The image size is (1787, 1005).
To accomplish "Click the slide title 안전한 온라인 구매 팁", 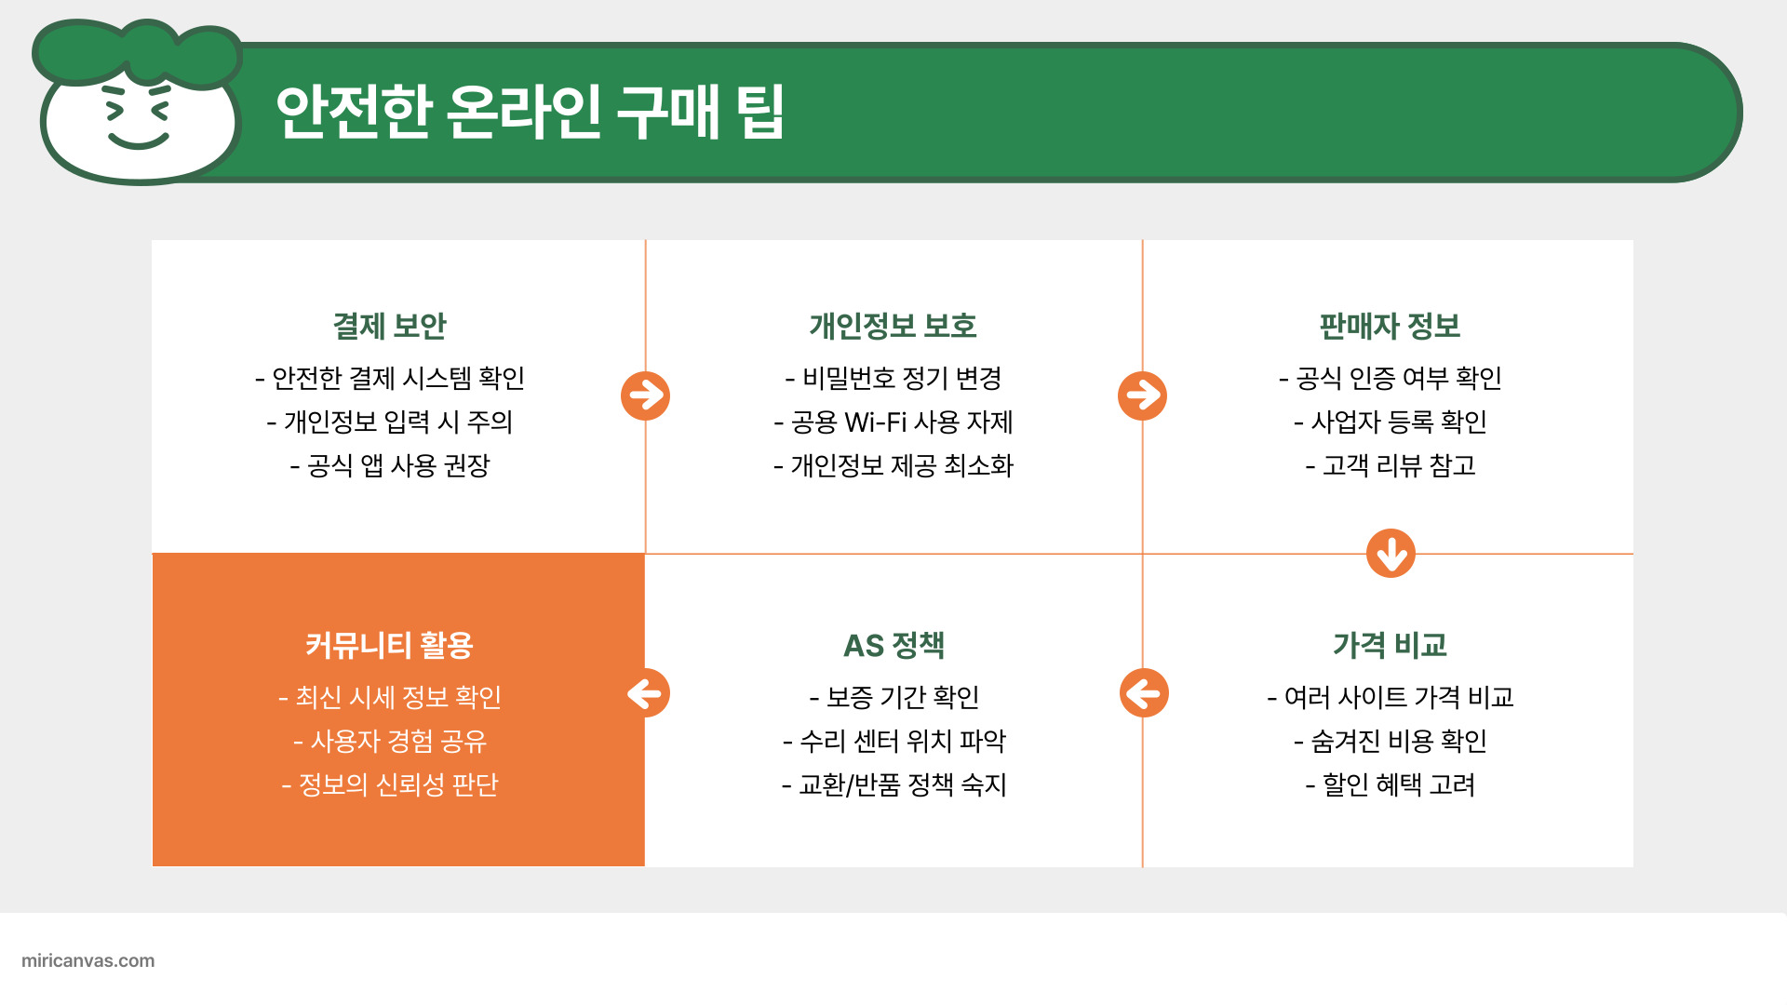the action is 530,113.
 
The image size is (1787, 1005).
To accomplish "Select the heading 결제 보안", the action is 390,327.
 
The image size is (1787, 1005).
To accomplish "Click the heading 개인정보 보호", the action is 893,327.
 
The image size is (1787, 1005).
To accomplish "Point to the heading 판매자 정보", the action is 1390,327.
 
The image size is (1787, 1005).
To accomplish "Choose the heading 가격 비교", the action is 1390,645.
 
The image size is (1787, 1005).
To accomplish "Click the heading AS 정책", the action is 893,645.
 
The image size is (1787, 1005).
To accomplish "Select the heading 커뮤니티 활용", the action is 390,645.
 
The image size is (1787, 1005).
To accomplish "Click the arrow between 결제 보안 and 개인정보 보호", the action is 645,395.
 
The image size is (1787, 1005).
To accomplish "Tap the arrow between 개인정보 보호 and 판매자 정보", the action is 1142,395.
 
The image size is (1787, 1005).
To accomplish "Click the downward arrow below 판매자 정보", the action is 1391,554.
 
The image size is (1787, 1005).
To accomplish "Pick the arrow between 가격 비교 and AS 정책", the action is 1144,693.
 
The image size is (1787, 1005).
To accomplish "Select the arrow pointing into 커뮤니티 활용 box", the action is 646,693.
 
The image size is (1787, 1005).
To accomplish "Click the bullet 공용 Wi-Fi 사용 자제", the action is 893,422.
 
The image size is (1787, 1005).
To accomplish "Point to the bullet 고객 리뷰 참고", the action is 1391,465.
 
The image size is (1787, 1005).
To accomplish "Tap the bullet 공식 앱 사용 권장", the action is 390,465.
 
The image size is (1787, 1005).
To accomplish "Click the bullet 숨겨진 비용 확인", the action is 1391,741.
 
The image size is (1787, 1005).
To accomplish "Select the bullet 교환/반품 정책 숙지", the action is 893,784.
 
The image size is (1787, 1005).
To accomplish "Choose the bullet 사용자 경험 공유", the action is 390,741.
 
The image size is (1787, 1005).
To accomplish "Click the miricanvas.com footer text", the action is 88,960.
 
